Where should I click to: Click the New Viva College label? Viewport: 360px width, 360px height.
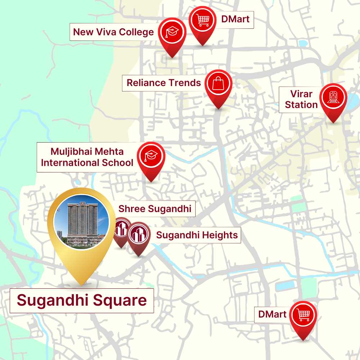[113, 32]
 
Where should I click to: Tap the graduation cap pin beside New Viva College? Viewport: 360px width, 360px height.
[172, 33]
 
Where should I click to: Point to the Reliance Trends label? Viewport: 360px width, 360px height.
[164, 83]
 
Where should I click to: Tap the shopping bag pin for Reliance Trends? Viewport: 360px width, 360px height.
[219, 84]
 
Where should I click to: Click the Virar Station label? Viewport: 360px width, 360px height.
[301, 99]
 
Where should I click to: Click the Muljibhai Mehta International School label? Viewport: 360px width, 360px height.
[87, 157]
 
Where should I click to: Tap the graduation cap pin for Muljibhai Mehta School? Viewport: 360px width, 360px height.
[151, 156]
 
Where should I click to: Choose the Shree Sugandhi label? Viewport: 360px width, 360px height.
[155, 209]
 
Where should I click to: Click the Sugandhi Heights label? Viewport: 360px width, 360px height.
[197, 235]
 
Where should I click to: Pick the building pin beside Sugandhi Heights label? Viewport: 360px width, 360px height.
[139, 234]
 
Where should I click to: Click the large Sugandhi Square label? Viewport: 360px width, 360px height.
[82, 300]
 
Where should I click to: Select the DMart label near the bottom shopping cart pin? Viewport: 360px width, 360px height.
[273, 314]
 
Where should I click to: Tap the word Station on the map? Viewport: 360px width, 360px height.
[301, 105]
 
